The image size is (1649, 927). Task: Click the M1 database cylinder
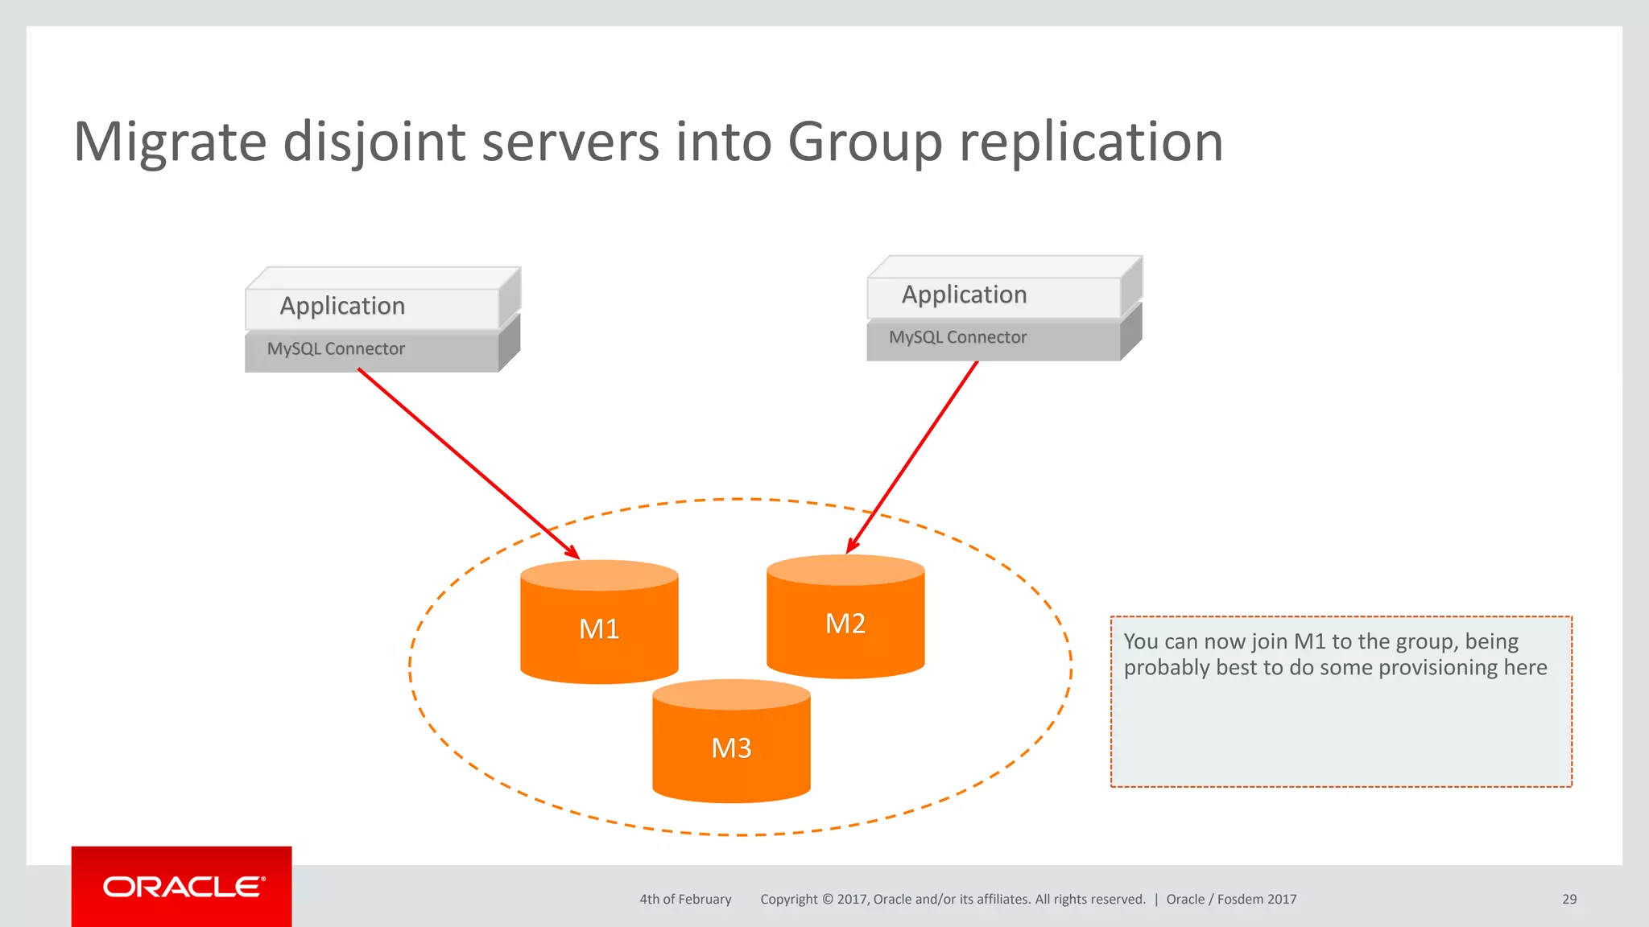tap(599, 628)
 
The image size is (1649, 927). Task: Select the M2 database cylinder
tap(845, 623)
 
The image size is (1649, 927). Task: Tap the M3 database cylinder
tap(731, 748)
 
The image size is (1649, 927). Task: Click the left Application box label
tap(342, 306)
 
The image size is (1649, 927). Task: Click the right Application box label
tap(964, 295)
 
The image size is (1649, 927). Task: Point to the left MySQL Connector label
tap(336, 348)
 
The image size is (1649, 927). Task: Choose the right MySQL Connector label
tap(957, 337)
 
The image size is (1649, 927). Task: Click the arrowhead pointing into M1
tap(573, 554)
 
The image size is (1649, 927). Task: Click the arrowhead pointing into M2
tap(852, 546)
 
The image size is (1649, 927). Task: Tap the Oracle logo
tap(182, 887)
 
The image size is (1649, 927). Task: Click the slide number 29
tap(1569, 899)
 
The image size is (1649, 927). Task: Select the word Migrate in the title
tap(170, 142)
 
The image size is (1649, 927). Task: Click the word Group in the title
tap(865, 142)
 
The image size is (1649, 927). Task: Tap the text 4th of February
tap(685, 899)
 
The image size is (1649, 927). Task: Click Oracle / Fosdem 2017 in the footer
tap(1231, 899)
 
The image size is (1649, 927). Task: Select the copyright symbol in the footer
tap(827, 899)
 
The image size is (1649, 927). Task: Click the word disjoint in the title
tap(374, 142)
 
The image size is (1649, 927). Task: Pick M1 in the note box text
tap(1309, 641)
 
